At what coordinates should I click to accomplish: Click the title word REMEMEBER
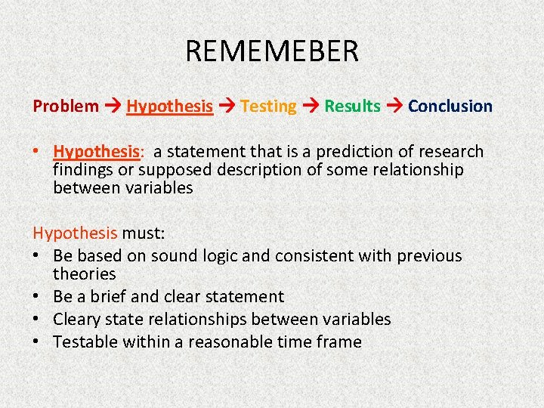[x=272, y=51]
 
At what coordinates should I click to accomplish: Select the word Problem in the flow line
[x=66, y=107]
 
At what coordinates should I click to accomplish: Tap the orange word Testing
[x=268, y=107]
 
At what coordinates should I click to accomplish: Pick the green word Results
[x=352, y=107]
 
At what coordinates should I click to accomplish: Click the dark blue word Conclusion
[x=450, y=107]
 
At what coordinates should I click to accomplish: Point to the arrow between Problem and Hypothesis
[x=113, y=107]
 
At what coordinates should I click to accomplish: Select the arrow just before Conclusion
[x=394, y=107]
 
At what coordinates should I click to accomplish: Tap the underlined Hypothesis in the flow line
[x=169, y=107]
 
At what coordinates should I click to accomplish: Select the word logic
[x=223, y=256]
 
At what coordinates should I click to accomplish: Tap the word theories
[x=84, y=274]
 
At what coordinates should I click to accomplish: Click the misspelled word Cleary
[x=79, y=320]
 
